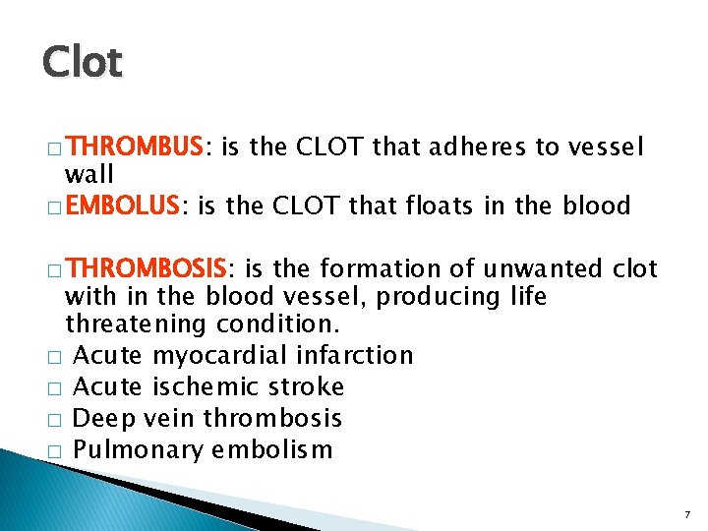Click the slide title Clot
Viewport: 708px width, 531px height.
83,63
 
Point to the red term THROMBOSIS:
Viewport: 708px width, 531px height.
150,269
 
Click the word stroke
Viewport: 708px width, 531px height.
310,386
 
